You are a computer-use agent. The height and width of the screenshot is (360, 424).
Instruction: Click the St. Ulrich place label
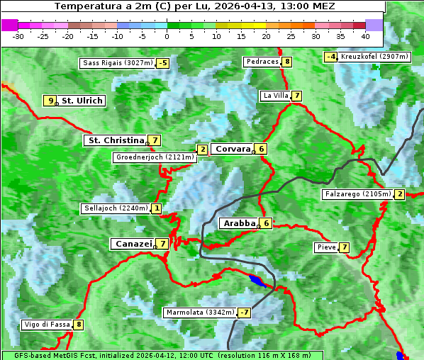[x=82, y=101]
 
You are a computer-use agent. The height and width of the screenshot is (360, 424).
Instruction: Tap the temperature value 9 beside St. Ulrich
[x=50, y=101]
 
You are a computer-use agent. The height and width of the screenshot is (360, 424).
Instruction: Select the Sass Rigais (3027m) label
[x=117, y=63]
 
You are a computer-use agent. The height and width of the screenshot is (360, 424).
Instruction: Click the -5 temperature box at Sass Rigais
[x=163, y=63]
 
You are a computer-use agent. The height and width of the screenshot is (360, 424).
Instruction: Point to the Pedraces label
[x=262, y=62]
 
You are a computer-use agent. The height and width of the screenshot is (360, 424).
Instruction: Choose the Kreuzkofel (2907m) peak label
[x=374, y=57]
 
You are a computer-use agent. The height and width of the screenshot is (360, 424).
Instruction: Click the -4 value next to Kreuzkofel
[x=330, y=57]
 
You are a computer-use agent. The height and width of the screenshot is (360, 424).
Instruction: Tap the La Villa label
[x=275, y=96]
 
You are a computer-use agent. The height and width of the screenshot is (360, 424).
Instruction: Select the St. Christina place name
[x=115, y=140]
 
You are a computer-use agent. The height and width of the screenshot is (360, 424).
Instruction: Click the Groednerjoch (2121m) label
[x=154, y=157]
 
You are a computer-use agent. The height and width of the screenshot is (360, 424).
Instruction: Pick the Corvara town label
[x=233, y=149]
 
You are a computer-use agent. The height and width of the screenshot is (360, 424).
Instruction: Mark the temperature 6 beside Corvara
[x=261, y=149]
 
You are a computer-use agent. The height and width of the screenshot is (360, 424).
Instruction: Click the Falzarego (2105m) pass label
[x=357, y=194]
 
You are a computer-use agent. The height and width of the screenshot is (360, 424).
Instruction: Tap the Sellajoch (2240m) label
[x=115, y=208]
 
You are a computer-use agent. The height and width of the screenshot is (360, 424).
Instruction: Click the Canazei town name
[x=133, y=243]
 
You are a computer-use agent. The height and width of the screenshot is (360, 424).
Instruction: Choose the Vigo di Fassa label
[x=47, y=325]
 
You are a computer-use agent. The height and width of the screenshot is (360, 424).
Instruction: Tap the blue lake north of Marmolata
[x=257, y=281]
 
